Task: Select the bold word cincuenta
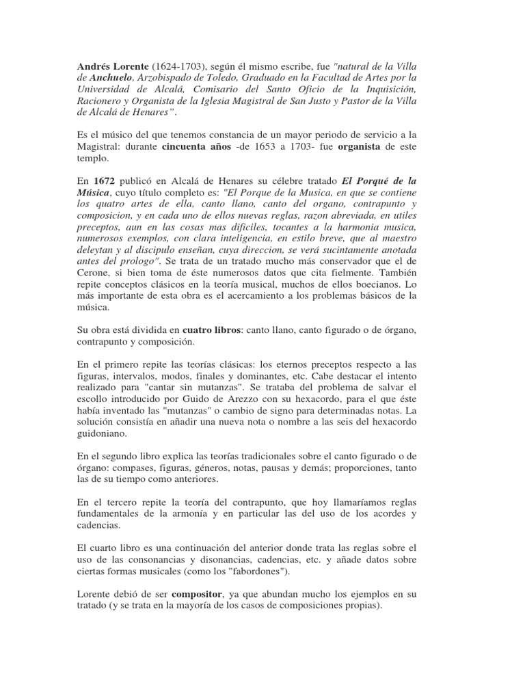pyautogui.click(x=189, y=146)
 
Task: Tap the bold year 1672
pyautogui.click(x=104, y=181)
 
